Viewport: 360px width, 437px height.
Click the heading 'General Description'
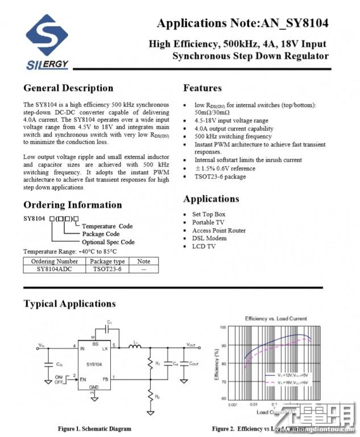(68, 88)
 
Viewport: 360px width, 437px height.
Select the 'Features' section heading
(202, 88)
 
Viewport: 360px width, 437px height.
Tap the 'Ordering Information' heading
(72, 205)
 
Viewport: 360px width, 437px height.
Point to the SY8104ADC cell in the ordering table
(54, 269)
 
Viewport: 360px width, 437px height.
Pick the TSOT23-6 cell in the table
(107, 269)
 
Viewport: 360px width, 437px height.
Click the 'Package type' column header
(107, 261)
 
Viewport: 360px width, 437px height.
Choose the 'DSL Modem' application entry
(210, 238)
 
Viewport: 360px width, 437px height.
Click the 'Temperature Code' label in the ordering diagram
(107, 226)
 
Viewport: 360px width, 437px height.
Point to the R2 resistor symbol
(151, 395)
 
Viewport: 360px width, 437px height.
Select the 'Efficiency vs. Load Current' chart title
(275, 319)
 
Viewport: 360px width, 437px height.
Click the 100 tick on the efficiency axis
(223, 328)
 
